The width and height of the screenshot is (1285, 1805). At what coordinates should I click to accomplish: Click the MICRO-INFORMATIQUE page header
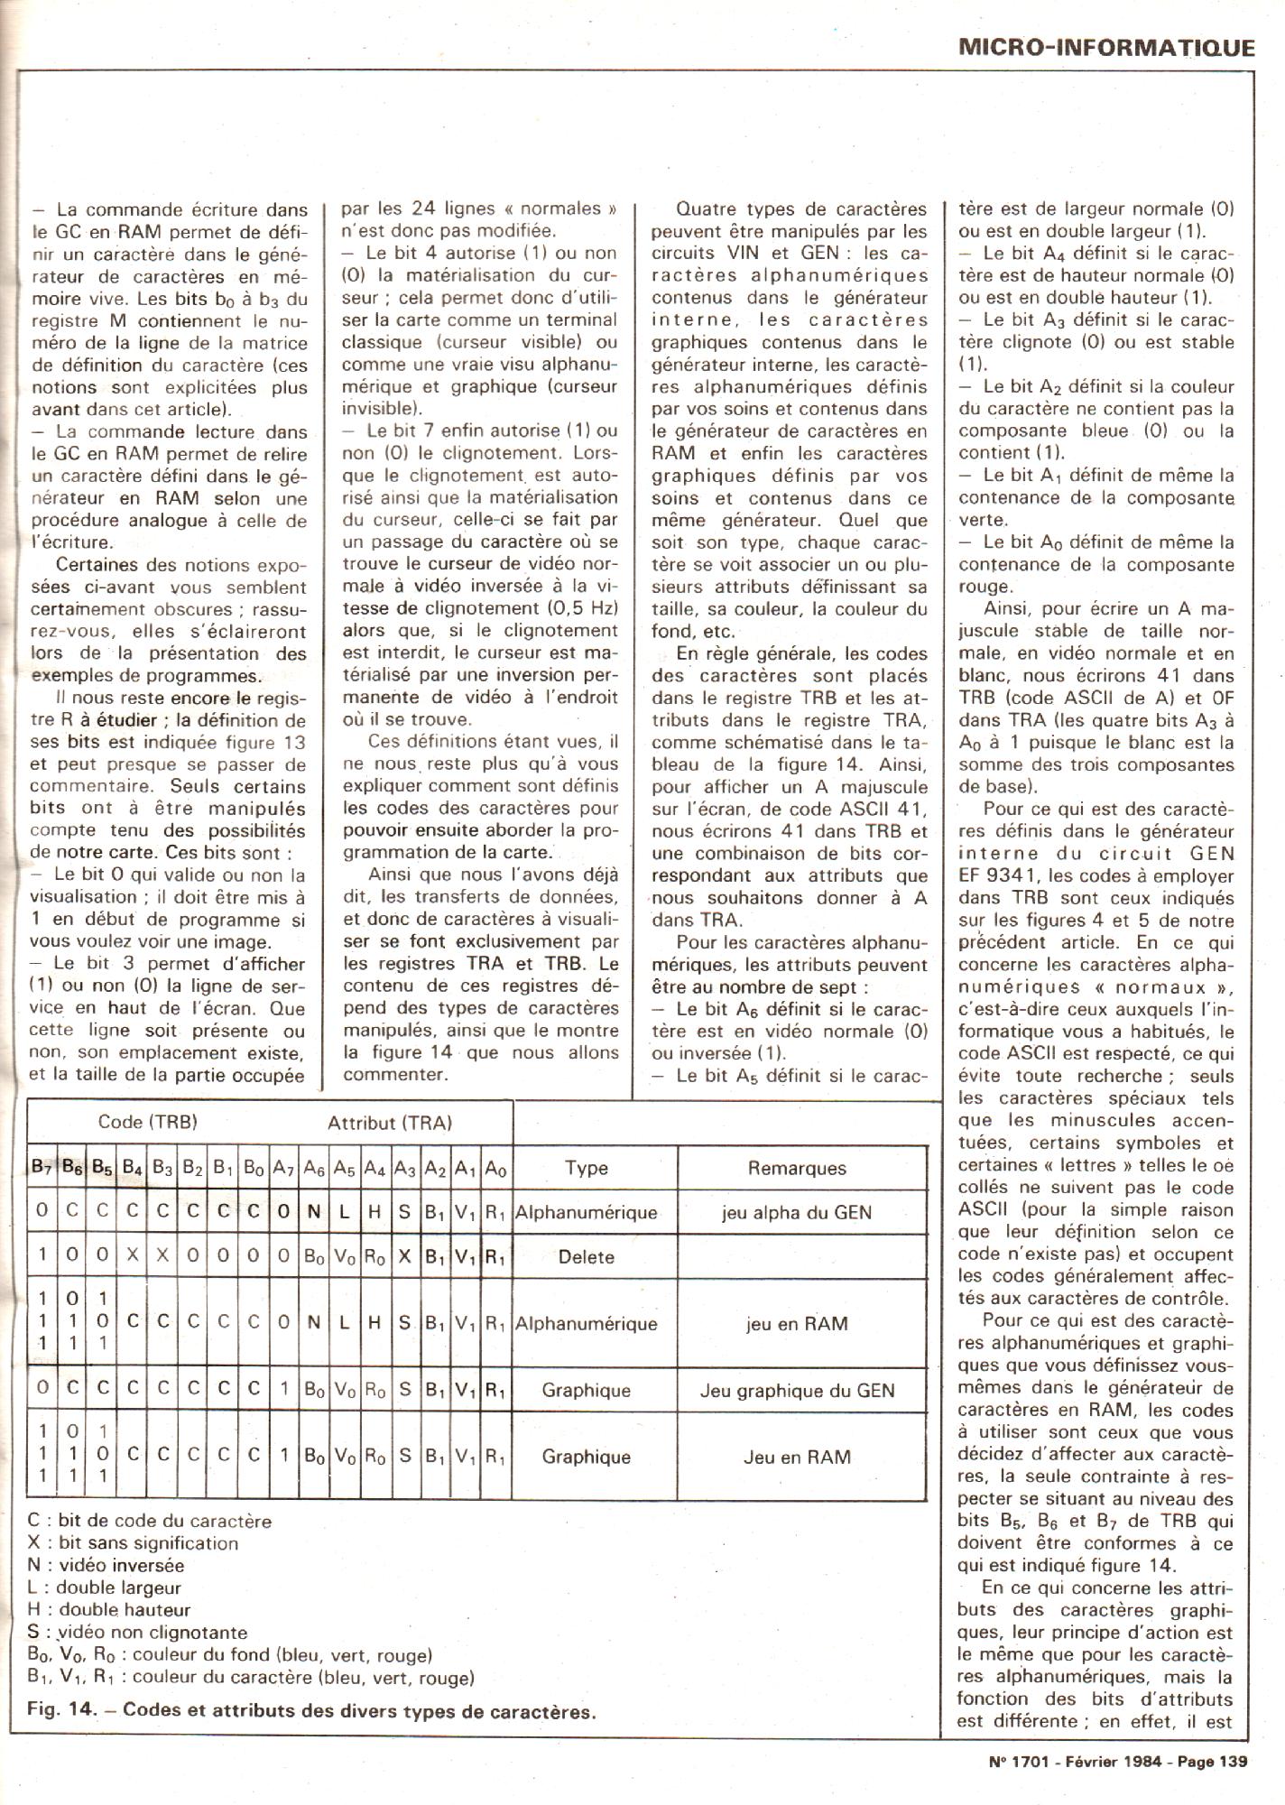click(x=1106, y=46)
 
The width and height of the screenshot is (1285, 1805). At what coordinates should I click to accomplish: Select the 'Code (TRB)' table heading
click(x=147, y=1122)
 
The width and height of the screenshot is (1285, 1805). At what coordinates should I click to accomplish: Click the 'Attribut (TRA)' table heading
click(x=389, y=1123)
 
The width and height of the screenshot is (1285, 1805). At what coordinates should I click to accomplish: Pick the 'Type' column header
click(x=587, y=1168)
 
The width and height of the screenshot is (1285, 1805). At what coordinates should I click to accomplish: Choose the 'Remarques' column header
click(x=797, y=1169)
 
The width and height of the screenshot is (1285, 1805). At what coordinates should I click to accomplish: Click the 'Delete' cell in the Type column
click(x=587, y=1256)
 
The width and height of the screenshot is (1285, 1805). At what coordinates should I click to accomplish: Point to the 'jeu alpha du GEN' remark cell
click(x=797, y=1212)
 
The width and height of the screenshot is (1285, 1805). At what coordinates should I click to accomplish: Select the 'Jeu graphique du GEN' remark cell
click(x=797, y=1390)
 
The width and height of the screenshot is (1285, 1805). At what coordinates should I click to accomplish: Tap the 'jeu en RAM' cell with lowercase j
click(x=797, y=1323)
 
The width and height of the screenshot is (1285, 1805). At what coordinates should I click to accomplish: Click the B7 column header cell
click(x=42, y=1169)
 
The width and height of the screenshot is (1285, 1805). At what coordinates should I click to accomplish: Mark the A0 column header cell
click(x=495, y=1169)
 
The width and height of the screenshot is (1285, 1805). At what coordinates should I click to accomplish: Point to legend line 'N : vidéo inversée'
click(x=106, y=1566)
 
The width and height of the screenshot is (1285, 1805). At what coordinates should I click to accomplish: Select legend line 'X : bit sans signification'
click(x=133, y=1543)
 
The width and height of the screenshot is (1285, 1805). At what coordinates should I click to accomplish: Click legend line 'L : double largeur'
click(x=105, y=1587)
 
